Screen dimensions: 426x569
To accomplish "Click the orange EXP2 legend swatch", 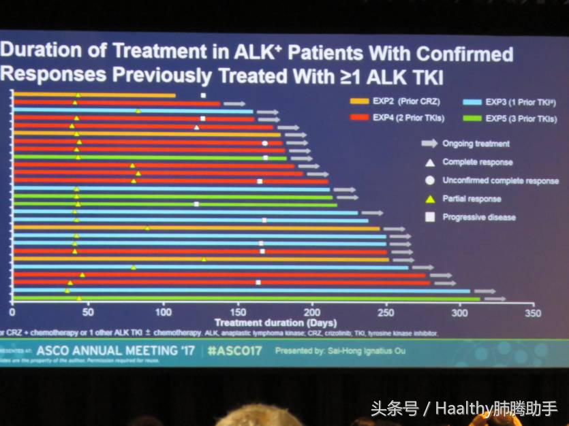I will (x=358, y=102).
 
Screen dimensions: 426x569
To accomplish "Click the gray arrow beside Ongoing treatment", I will (x=429, y=144).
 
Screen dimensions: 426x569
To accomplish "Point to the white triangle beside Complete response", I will (x=429, y=162).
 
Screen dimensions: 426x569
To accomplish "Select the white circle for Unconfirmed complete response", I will (x=429, y=180).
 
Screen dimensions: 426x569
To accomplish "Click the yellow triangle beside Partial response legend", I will (x=429, y=199).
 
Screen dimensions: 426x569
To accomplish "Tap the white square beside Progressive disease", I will (x=429, y=217).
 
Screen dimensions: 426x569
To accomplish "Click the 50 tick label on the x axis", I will (x=88, y=313).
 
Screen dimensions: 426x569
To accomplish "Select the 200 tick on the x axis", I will (x=311, y=313).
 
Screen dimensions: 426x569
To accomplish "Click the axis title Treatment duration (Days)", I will (x=266, y=322).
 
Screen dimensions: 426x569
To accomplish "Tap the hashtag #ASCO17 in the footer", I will (x=234, y=351).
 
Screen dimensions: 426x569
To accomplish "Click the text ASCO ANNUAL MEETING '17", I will (x=115, y=351).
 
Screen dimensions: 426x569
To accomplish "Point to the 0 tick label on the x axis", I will (x=12, y=313).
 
